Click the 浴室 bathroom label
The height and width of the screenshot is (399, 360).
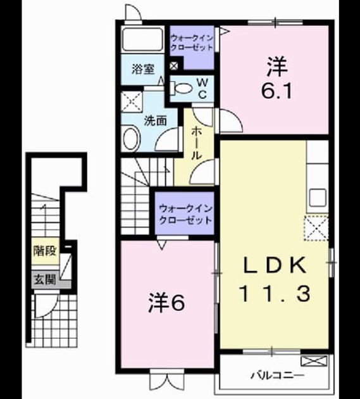tap(143, 69)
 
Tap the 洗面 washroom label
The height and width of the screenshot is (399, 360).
tap(156, 120)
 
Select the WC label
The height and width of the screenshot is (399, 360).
tap(202, 89)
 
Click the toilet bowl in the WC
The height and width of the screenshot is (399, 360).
tap(181, 88)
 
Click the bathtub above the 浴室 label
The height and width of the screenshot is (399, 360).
tap(142, 39)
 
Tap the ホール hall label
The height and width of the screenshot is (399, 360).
tap(196, 144)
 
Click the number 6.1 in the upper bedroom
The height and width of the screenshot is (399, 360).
tap(277, 91)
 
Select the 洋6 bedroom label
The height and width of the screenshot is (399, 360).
tap(166, 302)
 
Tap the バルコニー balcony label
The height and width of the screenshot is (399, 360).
tap(277, 376)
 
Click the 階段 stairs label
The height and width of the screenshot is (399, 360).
tap(45, 251)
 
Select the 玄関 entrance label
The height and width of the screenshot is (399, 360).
tap(45, 280)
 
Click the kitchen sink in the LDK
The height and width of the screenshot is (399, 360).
tap(318, 198)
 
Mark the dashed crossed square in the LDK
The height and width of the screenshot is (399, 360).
tap(316, 228)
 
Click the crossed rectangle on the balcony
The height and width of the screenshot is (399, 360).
tap(314, 361)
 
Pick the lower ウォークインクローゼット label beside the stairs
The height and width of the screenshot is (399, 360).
tap(185, 215)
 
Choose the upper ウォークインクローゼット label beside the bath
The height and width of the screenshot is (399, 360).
tap(192, 43)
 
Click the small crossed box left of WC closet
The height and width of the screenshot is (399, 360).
tap(174, 66)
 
